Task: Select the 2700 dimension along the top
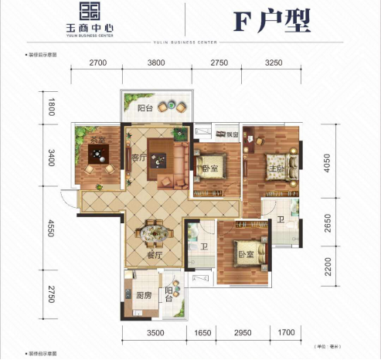pyautogui.click(x=97, y=64)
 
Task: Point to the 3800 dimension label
pyautogui.click(x=158, y=64)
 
